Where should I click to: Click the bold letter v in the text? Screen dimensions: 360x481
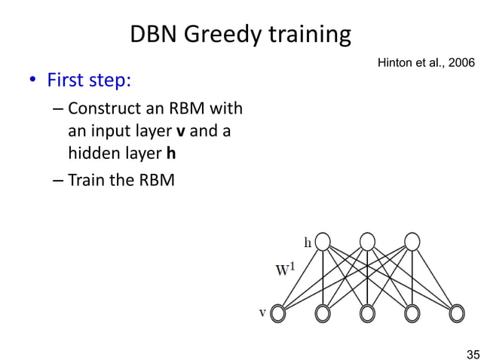pos(180,133)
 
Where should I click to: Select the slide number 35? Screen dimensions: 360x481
pos(472,353)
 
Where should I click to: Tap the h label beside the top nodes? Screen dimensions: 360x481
pos(308,243)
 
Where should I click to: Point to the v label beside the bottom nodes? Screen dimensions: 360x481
pos(262,313)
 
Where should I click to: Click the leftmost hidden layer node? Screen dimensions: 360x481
pos(323,241)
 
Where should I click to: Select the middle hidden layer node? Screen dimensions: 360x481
pos(367,241)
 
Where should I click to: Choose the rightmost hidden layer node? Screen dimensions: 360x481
pos(412,241)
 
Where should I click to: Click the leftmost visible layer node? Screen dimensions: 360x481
pos(278,313)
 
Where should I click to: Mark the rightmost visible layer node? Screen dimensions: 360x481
pos(456,313)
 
